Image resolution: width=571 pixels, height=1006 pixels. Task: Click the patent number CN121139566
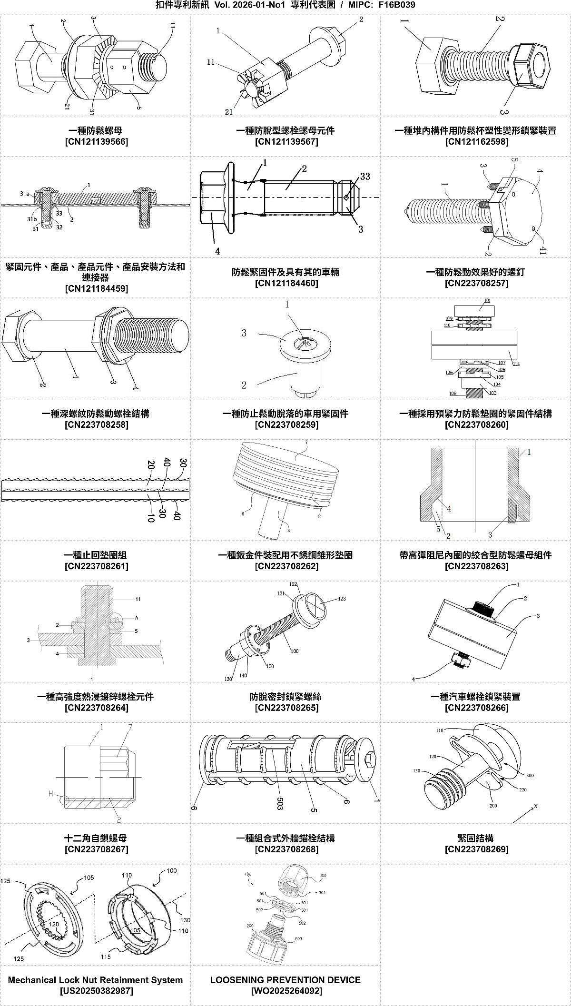click(x=96, y=142)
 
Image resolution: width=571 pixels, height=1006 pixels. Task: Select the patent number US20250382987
click(x=96, y=991)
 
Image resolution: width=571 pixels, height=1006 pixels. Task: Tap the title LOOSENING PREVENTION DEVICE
click(x=285, y=980)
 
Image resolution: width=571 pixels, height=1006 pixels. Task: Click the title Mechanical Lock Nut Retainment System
click(x=96, y=980)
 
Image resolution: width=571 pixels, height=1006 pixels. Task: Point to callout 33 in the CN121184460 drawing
click(x=365, y=177)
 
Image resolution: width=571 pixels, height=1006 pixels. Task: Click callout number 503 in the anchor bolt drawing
click(x=280, y=803)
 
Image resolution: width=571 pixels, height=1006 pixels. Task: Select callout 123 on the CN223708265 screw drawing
click(x=342, y=599)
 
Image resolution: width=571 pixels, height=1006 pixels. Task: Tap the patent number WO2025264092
click(x=286, y=991)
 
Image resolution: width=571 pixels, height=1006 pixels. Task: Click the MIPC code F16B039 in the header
click(x=397, y=5)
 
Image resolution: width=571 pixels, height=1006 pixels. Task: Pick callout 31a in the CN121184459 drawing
click(x=25, y=194)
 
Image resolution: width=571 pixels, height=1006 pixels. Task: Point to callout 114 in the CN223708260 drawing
click(x=516, y=364)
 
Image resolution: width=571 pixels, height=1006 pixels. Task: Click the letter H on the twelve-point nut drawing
click(x=51, y=793)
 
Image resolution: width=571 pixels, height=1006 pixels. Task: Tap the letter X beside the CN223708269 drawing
click(x=536, y=806)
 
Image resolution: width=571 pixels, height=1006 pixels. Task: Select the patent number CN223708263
click(x=476, y=566)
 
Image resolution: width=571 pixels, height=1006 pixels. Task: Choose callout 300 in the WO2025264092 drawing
click(x=323, y=875)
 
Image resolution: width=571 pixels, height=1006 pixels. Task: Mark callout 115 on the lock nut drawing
click(x=106, y=957)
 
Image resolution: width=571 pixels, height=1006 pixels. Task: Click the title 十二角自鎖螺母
click(x=96, y=838)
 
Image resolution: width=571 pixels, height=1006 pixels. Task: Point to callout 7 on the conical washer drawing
click(x=306, y=442)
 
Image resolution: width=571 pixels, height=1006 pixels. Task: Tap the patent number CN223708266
click(x=476, y=708)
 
